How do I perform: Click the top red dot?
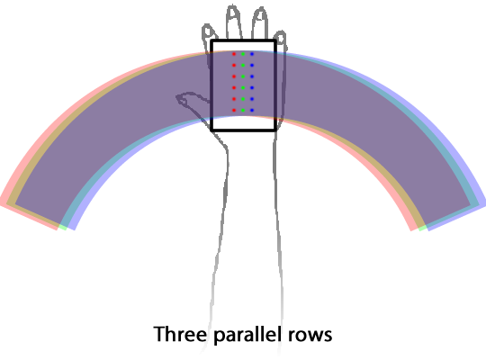pyautogui.click(x=234, y=54)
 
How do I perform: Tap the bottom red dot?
pyautogui.click(x=234, y=110)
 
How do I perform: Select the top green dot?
pyautogui.click(x=243, y=54)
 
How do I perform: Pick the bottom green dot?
pyautogui.click(x=243, y=110)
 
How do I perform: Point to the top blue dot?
pyautogui.click(x=252, y=54)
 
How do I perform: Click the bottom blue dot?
pyautogui.click(x=252, y=110)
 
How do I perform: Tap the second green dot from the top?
pyautogui.click(x=243, y=65)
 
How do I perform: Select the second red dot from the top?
pyautogui.click(x=234, y=65)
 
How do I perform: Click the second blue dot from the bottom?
pyautogui.click(x=252, y=99)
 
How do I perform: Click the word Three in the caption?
pyautogui.click(x=180, y=334)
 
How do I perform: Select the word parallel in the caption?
pyautogui.click(x=247, y=336)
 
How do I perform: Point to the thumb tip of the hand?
pyautogui.click(x=178, y=98)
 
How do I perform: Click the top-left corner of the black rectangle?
pyautogui.click(x=211, y=40)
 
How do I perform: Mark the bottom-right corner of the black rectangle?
pyautogui.click(x=274, y=130)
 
